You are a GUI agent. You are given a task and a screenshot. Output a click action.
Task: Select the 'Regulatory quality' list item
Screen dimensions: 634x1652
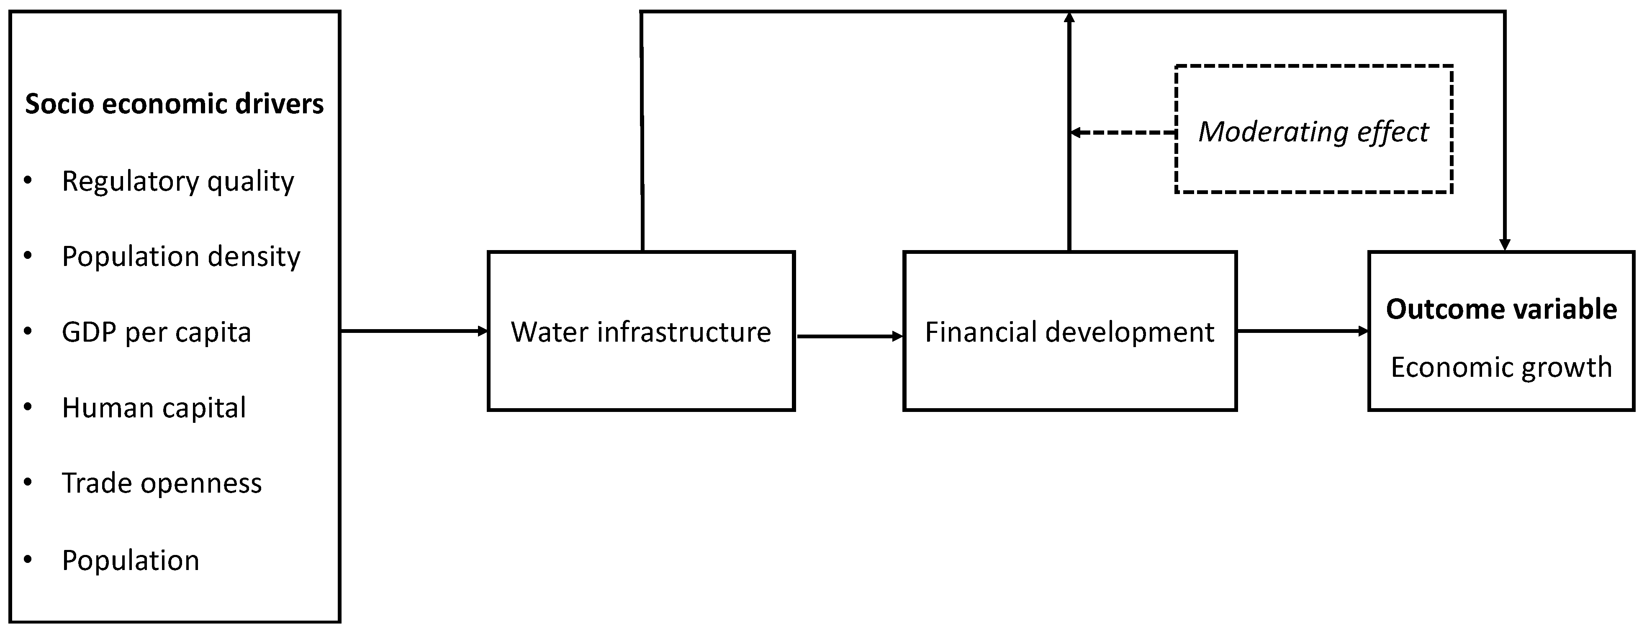177,182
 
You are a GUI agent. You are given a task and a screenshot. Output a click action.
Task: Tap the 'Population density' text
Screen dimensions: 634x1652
181,256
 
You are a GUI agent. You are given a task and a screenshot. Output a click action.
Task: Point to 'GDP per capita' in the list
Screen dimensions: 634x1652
157,332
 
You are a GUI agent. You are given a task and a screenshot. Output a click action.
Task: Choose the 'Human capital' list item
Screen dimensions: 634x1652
154,408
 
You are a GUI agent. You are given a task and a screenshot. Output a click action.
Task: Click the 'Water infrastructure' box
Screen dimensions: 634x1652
641,331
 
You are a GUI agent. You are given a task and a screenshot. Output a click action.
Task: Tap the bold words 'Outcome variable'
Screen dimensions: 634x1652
1501,309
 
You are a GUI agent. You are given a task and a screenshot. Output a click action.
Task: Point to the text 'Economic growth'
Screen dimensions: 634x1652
1501,367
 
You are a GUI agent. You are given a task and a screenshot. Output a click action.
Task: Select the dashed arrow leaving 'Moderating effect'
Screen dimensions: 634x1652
1122,133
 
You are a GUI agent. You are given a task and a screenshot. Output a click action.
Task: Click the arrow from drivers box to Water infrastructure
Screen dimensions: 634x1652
414,331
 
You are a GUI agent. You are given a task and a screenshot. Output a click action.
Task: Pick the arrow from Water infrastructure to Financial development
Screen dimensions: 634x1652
848,336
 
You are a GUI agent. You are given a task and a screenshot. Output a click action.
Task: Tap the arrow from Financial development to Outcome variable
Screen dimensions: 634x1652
1302,331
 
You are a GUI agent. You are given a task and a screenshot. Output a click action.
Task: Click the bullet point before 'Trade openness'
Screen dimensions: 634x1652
28,483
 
